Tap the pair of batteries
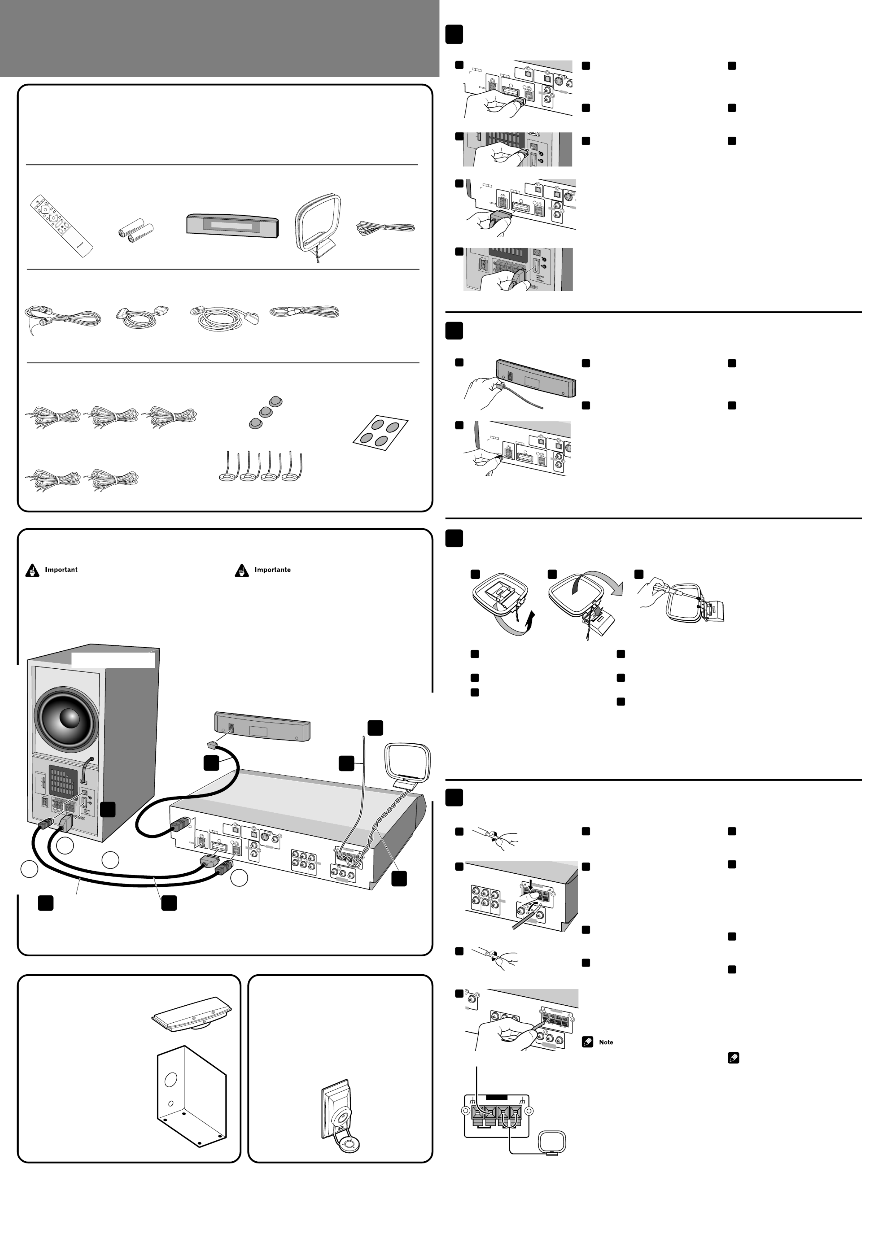click(135, 230)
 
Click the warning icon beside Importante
click(242, 571)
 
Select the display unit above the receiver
click(262, 727)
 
